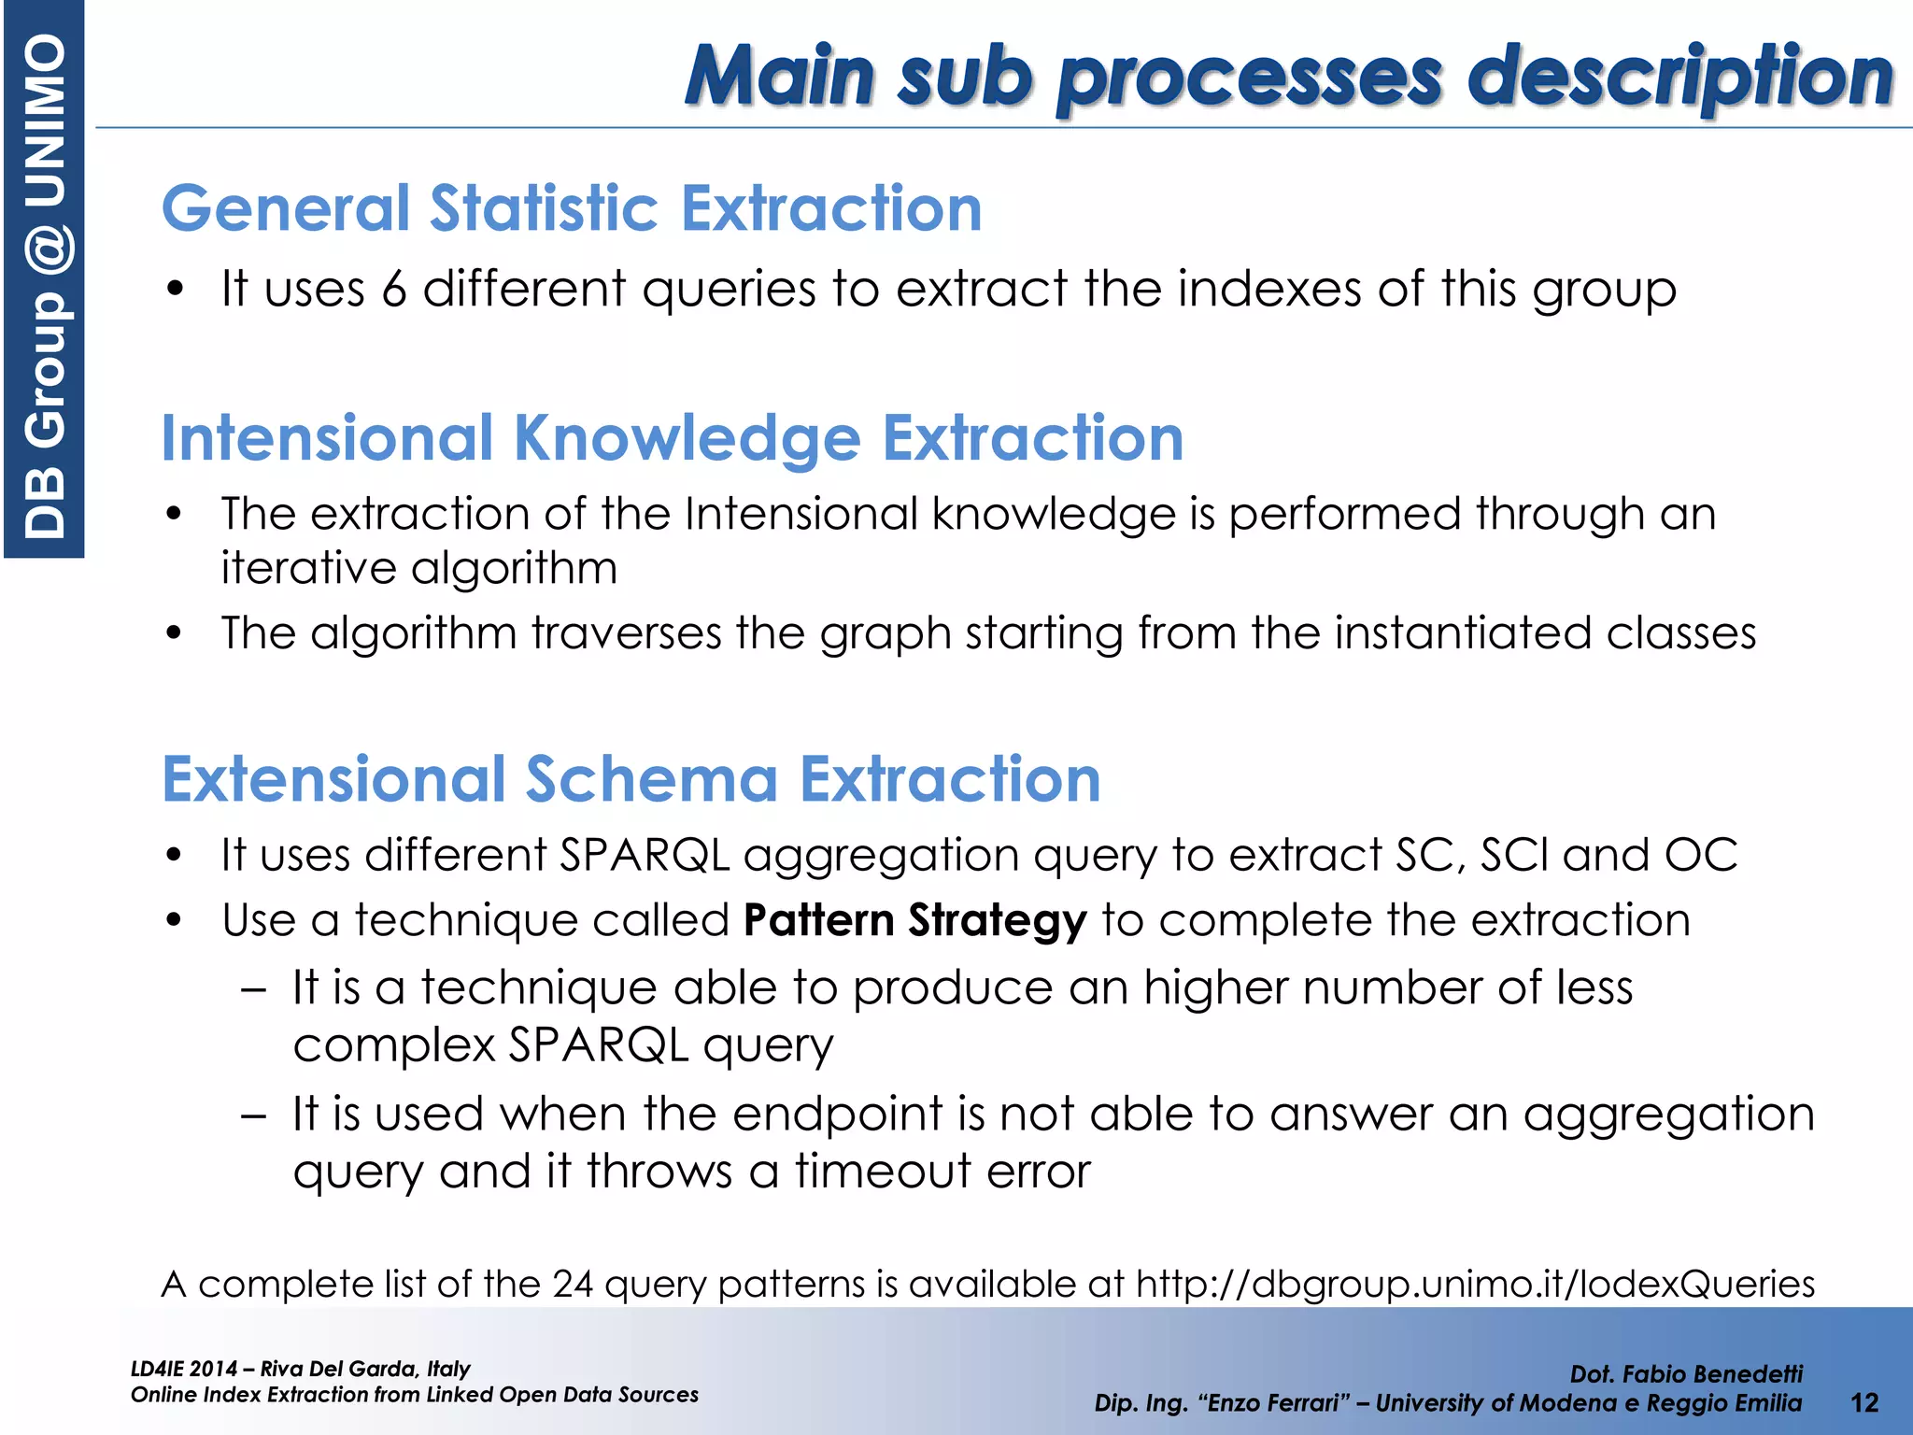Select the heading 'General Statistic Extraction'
(572, 207)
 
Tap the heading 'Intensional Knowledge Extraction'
(673, 437)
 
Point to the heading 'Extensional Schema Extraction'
(631, 779)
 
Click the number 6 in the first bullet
(394, 289)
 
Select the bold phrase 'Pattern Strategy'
(915, 920)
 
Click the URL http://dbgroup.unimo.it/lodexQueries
(1475, 1284)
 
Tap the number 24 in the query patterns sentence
(572, 1285)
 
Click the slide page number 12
(1864, 1402)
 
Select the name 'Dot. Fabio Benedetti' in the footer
(1686, 1373)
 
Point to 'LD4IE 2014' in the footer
(184, 1369)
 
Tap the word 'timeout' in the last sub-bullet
(883, 1172)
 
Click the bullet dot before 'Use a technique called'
(174, 920)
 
